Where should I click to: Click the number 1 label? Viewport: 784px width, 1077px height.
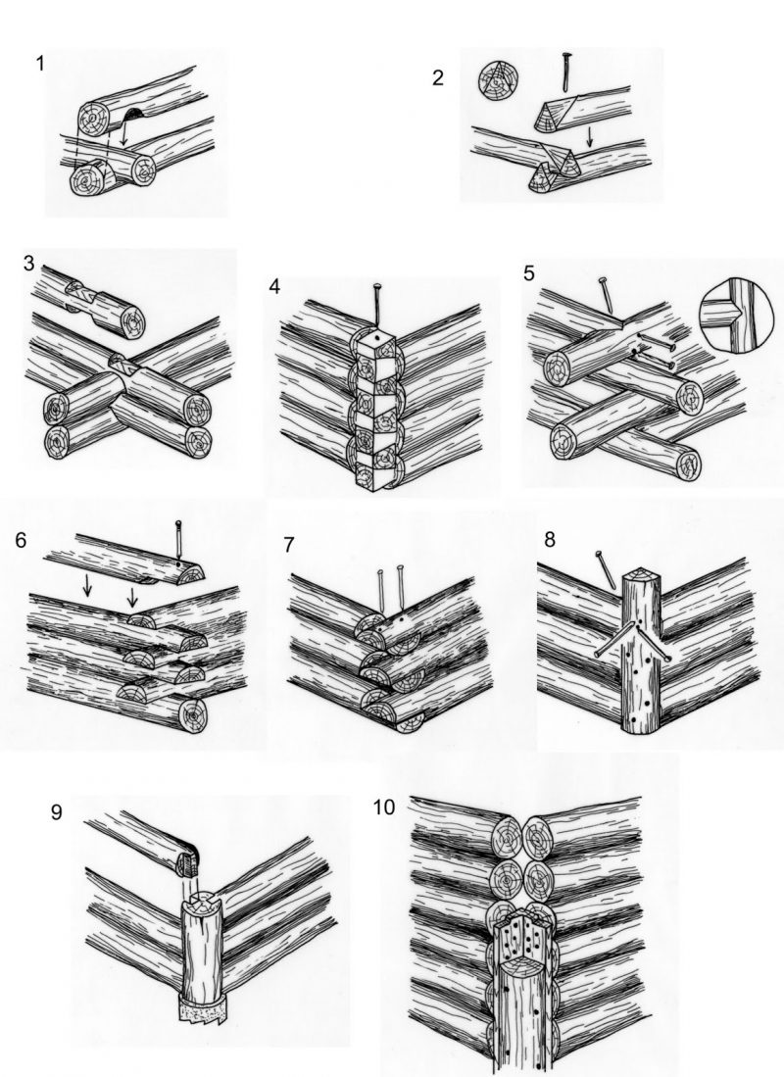[40, 64]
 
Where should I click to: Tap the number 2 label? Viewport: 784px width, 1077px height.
[438, 78]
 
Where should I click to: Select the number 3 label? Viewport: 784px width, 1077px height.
[28, 263]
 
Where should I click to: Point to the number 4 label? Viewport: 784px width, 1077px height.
[274, 286]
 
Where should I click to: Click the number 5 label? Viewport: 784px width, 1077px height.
[528, 272]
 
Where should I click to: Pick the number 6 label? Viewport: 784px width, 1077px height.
[21, 540]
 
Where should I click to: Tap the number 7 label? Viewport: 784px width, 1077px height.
[289, 545]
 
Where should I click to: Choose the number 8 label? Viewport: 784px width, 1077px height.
[550, 539]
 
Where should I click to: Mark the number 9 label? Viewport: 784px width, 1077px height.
[56, 812]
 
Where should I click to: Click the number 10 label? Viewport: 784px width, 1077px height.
[384, 808]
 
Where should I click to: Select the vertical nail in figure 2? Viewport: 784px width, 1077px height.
[566, 72]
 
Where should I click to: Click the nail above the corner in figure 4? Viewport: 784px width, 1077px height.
[377, 304]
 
